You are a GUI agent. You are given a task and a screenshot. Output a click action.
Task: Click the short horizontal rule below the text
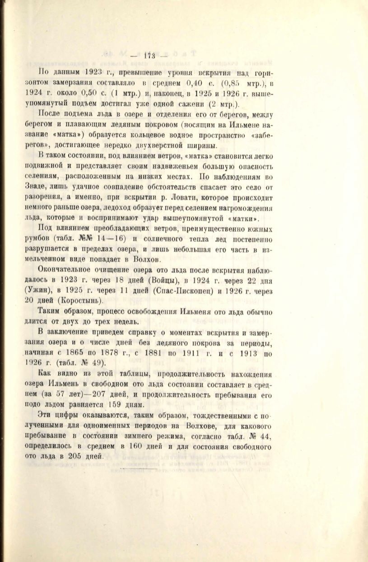[138, 469]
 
